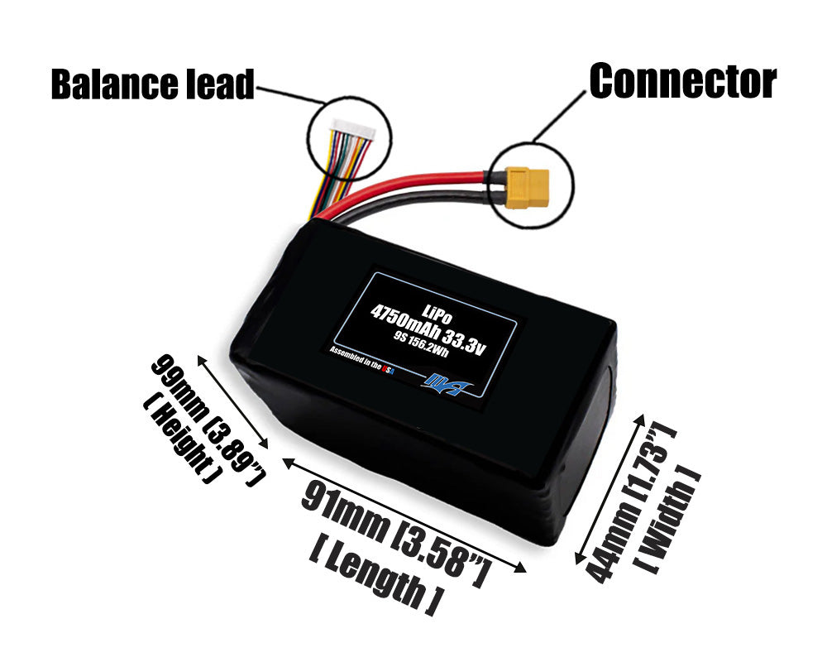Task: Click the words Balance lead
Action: tap(152, 84)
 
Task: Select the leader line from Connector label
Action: tap(559, 119)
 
